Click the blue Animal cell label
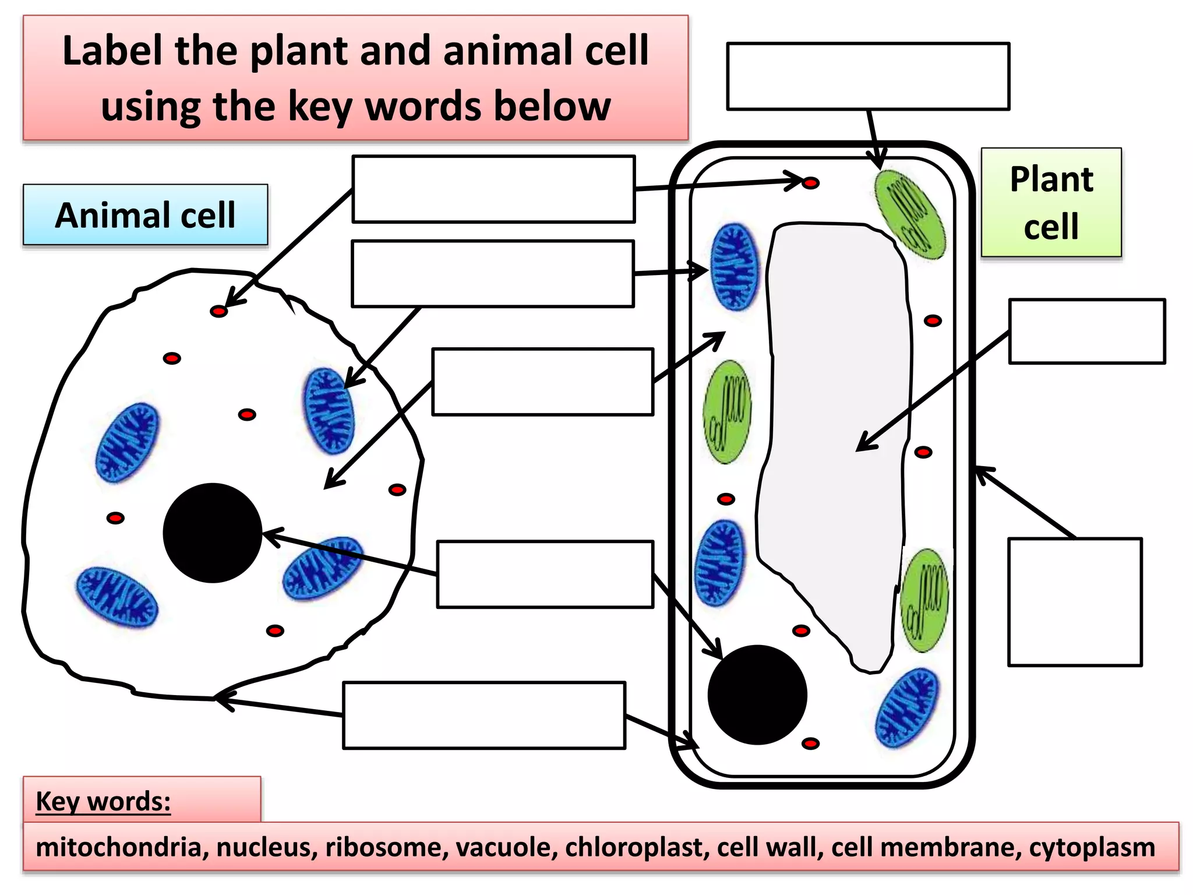coord(145,215)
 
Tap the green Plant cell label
coord(1051,202)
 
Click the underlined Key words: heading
coord(103,801)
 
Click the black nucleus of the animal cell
coord(213,533)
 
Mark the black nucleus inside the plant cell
coord(757,695)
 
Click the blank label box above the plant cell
coord(868,76)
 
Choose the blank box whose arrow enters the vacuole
coord(1087,332)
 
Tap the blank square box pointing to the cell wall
coord(1075,602)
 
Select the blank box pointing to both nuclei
coord(545,575)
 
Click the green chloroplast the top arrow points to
coord(909,214)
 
